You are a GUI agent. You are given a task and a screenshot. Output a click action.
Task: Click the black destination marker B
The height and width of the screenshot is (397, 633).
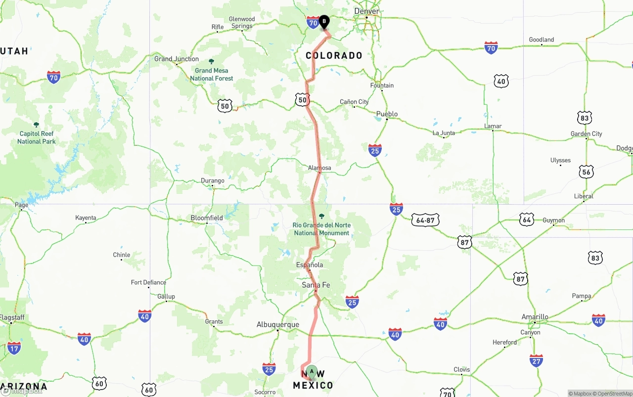pos(324,21)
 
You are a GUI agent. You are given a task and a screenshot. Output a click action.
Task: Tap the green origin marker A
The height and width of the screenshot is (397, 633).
pos(312,371)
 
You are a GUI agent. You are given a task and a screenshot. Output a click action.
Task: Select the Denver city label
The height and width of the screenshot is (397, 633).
pos(366,11)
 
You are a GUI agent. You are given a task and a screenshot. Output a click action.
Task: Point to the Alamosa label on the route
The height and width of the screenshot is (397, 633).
pos(319,168)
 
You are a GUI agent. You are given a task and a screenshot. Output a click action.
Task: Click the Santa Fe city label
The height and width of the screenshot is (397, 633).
pos(316,285)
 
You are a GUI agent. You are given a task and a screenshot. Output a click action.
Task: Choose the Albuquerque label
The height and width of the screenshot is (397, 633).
pos(277,324)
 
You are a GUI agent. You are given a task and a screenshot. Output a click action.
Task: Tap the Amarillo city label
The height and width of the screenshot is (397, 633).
pos(535,316)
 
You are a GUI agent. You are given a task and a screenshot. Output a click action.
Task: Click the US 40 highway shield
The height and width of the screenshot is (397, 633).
pos(501,81)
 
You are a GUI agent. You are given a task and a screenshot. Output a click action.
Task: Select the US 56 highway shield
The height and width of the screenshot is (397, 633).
pos(587,172)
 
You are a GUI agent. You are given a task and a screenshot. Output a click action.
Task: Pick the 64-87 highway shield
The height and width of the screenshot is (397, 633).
pos(425,220)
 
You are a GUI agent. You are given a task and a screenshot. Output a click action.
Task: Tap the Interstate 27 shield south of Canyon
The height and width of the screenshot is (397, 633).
pos(536,360)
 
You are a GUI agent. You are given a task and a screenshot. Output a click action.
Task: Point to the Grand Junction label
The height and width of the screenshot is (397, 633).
pos(177,59)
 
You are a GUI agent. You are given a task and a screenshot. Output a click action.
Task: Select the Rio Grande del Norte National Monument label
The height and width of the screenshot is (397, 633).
pos(321,229)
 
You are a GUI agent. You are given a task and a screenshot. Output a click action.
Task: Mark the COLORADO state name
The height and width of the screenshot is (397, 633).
pos(334,55)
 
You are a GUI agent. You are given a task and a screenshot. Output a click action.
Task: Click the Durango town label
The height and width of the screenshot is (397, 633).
pos(213,180)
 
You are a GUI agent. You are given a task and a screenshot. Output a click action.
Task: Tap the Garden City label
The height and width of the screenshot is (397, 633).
pos(587,133)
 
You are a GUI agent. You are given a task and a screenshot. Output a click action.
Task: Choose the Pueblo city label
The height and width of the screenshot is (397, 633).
pos(387,114)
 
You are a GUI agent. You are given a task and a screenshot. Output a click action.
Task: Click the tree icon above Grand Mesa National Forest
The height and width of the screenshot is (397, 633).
pos(212,61)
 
